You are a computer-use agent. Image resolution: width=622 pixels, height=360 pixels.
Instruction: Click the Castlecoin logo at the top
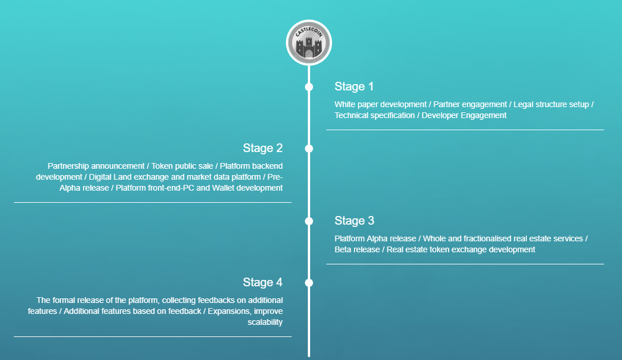click(308, 43)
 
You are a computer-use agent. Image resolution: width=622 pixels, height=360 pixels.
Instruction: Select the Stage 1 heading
click(354, 86)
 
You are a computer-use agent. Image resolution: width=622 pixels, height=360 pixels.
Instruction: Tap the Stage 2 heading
click(263, 148)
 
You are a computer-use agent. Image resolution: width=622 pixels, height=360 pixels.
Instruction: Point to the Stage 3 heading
click(355, 221)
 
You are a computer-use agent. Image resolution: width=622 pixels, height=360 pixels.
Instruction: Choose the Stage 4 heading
click(263, 282)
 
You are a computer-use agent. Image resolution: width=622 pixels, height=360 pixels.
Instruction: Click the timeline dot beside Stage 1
click(309, 87)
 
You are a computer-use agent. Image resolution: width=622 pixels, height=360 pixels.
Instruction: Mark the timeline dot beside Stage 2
click(309, 149)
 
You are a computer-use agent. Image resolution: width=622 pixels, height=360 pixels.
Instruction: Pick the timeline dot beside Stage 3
click(309, 221)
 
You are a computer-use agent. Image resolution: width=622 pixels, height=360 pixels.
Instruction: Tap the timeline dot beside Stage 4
click(309, 283)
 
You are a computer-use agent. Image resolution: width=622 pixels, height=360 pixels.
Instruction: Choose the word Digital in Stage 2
click(101, 177)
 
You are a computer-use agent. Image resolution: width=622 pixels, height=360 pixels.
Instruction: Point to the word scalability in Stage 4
click(265, 323)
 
